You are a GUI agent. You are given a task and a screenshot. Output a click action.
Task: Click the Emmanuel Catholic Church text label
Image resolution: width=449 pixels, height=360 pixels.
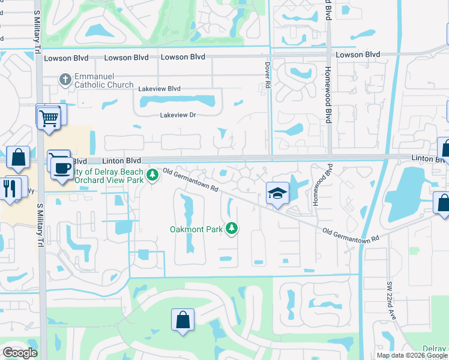tap(103, 80)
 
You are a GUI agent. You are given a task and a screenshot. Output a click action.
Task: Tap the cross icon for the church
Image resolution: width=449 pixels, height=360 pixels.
tap(65, 79)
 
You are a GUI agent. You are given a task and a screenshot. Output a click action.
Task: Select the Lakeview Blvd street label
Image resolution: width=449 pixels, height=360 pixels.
tap(159, 89)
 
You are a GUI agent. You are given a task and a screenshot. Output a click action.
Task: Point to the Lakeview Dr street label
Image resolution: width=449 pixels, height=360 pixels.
tap(178, 115)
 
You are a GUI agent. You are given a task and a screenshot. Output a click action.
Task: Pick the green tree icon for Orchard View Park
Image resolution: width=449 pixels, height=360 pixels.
tap(152, 175)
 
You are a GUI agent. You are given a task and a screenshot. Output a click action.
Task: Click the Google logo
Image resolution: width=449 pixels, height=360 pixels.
tap(20, 353)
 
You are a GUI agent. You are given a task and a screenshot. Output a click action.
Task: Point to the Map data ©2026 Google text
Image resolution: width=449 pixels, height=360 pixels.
tap(412, 355)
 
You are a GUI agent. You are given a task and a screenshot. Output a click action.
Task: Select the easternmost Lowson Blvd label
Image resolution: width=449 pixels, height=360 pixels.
tap(358, 55)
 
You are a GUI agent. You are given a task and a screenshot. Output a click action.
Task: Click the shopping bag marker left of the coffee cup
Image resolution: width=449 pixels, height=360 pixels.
tap(19, 158)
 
